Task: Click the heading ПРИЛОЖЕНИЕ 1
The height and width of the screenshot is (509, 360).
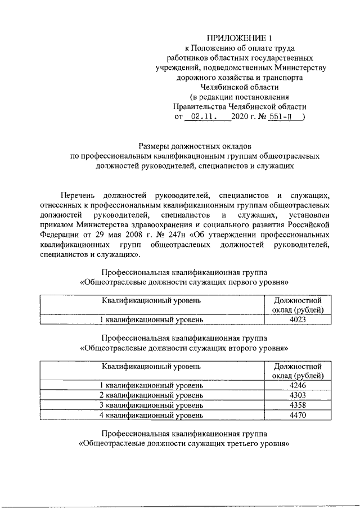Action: click(x=240, y=38)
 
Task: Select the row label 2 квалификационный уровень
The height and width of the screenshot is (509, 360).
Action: click(x=151, y=395)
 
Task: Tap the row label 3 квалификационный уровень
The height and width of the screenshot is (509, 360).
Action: click(x=151, y=405)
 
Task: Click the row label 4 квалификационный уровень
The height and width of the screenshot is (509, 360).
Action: click(x=151, y=415)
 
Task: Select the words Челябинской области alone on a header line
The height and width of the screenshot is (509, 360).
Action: click(x=240, y=87)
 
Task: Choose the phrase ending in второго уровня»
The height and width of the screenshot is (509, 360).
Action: click(x=185, y=348)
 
